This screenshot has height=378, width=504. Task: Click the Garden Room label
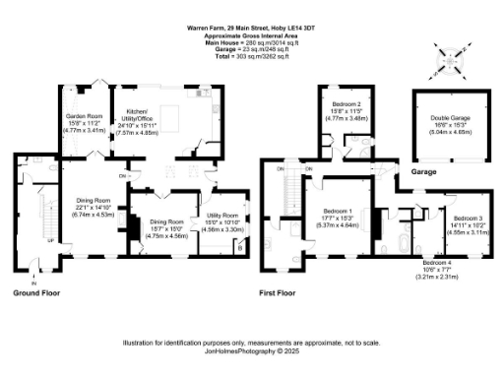pos(84,122)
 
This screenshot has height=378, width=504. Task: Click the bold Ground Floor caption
pos(37,293)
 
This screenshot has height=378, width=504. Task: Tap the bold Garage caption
pos(424,171)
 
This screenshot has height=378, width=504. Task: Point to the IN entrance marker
pos(33,272)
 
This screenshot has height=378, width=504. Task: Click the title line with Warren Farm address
pos(251,29)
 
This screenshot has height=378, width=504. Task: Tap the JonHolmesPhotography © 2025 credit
pos(251,349)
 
